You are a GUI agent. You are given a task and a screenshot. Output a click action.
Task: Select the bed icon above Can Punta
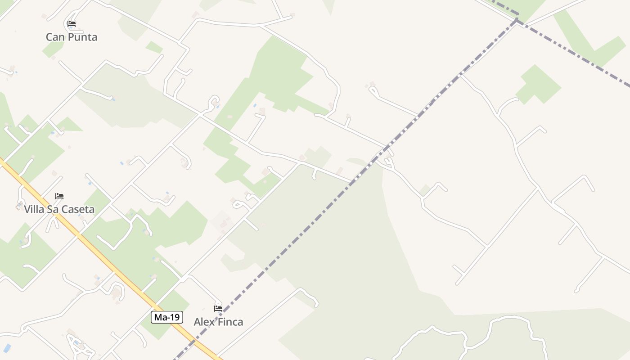point(72,24)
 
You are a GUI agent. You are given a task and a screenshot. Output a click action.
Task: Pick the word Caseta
point(78,209)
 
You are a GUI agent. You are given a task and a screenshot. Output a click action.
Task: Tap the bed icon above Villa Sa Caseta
point(59,196)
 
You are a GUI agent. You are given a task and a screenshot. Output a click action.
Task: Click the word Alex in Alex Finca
point(203,322)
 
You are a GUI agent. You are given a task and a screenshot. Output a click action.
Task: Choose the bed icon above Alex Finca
point(218,309)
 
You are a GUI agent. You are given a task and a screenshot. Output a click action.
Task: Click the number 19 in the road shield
point(175,317)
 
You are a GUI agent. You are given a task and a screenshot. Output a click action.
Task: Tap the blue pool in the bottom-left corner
point(7,348)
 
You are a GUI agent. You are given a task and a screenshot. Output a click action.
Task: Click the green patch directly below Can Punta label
point(53,49)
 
